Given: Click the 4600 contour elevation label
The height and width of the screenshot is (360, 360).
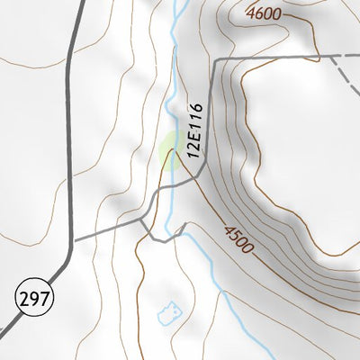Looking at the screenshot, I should (262, 13).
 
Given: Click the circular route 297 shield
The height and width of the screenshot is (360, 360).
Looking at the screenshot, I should (33, 296).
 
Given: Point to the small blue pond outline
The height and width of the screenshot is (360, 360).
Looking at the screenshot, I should (169, 312).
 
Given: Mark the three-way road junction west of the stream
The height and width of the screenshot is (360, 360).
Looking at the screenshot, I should (142, 220).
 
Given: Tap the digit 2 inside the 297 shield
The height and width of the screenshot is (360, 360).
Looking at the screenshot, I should (24, 296).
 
